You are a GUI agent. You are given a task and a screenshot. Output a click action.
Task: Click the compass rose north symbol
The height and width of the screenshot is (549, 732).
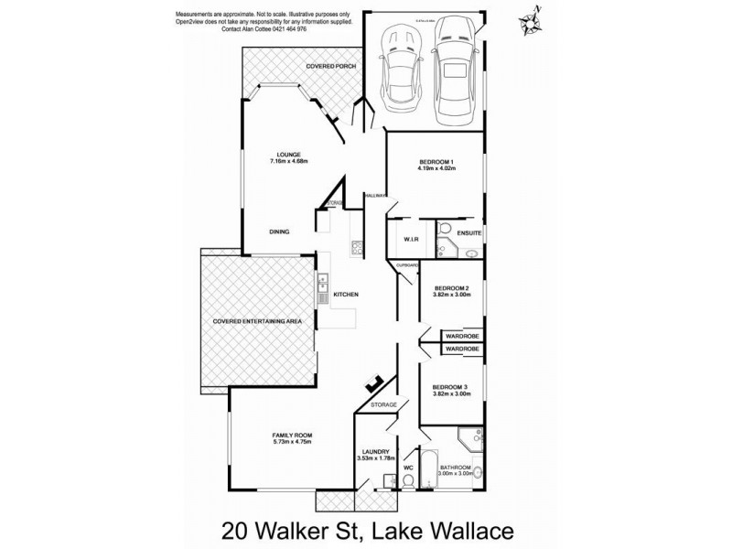[x=529, y=17]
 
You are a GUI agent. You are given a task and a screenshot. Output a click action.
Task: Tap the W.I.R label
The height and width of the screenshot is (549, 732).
[x=411, y=240]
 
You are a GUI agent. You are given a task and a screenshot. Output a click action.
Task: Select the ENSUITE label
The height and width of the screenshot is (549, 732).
[x=469, y=234]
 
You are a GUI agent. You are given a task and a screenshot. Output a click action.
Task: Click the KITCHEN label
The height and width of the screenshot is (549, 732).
[x=345, y=295]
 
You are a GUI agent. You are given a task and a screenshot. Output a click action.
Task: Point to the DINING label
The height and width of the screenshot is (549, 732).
[x=279, y=232]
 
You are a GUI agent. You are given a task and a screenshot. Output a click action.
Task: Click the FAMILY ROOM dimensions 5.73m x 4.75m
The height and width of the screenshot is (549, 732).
[x=291, y=442]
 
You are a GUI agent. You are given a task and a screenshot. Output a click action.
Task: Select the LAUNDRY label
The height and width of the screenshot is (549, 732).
[x=376, y=451]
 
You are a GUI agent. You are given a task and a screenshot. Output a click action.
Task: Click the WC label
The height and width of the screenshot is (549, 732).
[x=409, y=468]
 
